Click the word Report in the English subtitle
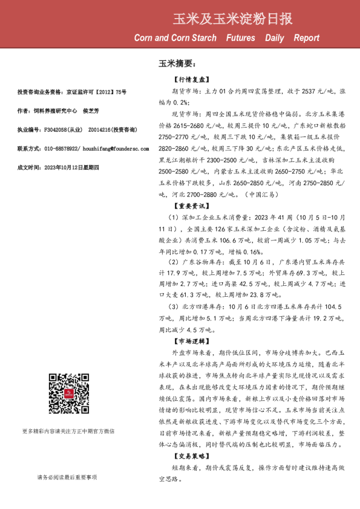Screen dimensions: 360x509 coord(306,38)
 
